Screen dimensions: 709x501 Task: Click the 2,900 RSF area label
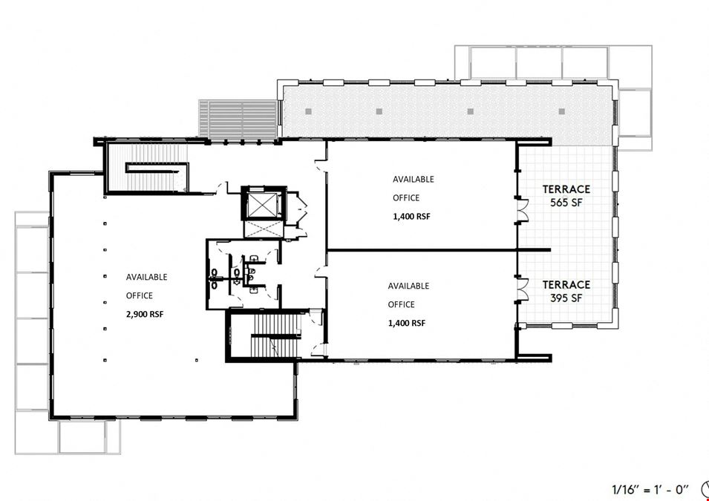coord(145,314)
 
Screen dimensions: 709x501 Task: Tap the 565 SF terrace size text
coord(566,203)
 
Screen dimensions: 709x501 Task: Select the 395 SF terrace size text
coord(566,298)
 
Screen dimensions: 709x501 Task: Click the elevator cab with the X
coord(264,203)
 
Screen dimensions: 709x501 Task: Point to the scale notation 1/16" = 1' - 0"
coord(650,489)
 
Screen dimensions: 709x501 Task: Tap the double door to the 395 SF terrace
coord(523,289)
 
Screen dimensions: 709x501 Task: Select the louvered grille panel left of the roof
coord(238,119)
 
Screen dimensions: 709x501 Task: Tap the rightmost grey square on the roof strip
coord(561,111)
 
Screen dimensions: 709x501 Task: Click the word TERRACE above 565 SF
coord(566,189)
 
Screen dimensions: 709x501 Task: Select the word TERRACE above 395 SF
coord(566,284)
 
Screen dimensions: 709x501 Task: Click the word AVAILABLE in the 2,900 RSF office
coord(146,277)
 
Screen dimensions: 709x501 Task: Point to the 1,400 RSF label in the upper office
coord(411,217)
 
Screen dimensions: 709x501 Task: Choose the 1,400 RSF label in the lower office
coord(407,323)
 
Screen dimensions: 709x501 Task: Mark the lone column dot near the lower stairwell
coord(197,361)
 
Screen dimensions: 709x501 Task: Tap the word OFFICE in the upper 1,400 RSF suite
coord(406,197)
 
